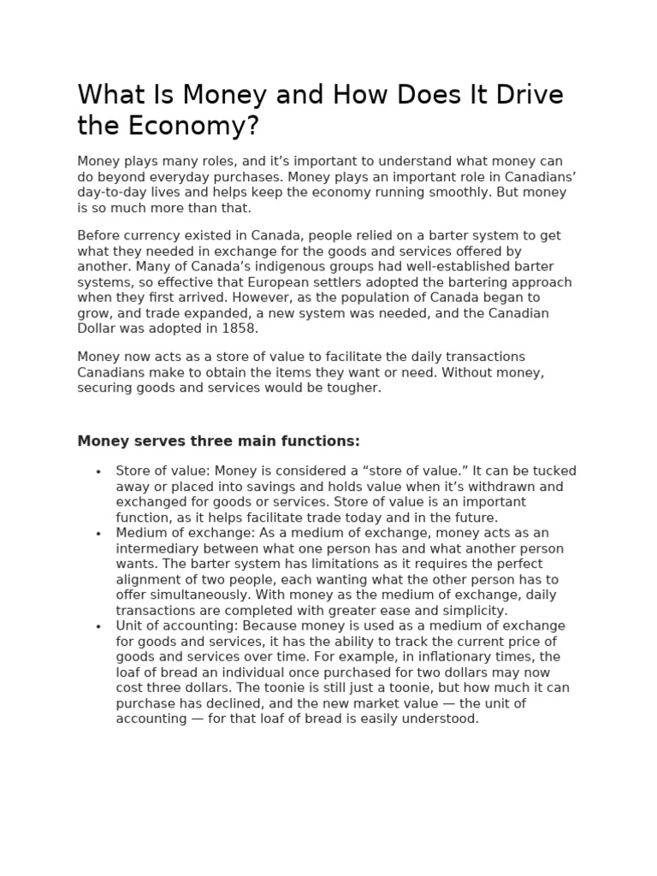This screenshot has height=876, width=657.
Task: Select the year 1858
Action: [240, 328]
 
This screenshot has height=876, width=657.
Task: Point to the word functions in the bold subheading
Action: [321, 441]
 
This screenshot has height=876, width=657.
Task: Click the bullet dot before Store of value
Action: [98, 471]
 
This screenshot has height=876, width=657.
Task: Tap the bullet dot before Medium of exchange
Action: [98, 534]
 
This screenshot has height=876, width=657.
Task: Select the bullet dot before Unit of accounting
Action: [98, 626]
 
